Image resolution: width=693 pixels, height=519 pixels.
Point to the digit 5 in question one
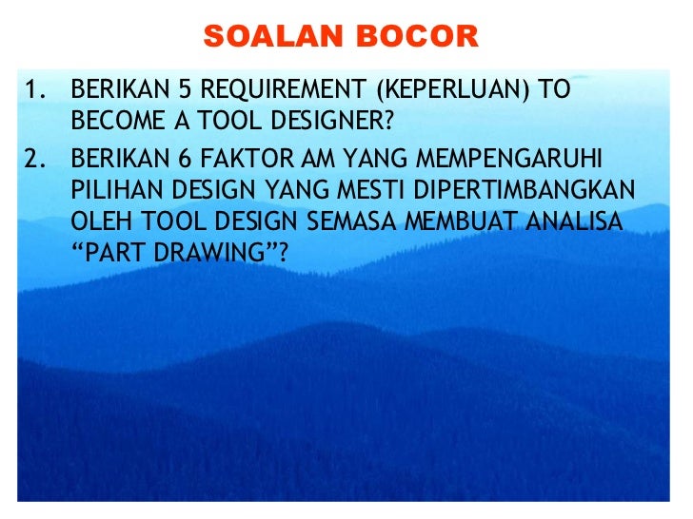click(184, 91)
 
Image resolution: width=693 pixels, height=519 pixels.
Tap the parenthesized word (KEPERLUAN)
click(453, 91)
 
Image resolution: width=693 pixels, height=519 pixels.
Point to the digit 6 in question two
click(184, 156)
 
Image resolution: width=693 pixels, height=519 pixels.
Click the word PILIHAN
click(109, 188)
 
